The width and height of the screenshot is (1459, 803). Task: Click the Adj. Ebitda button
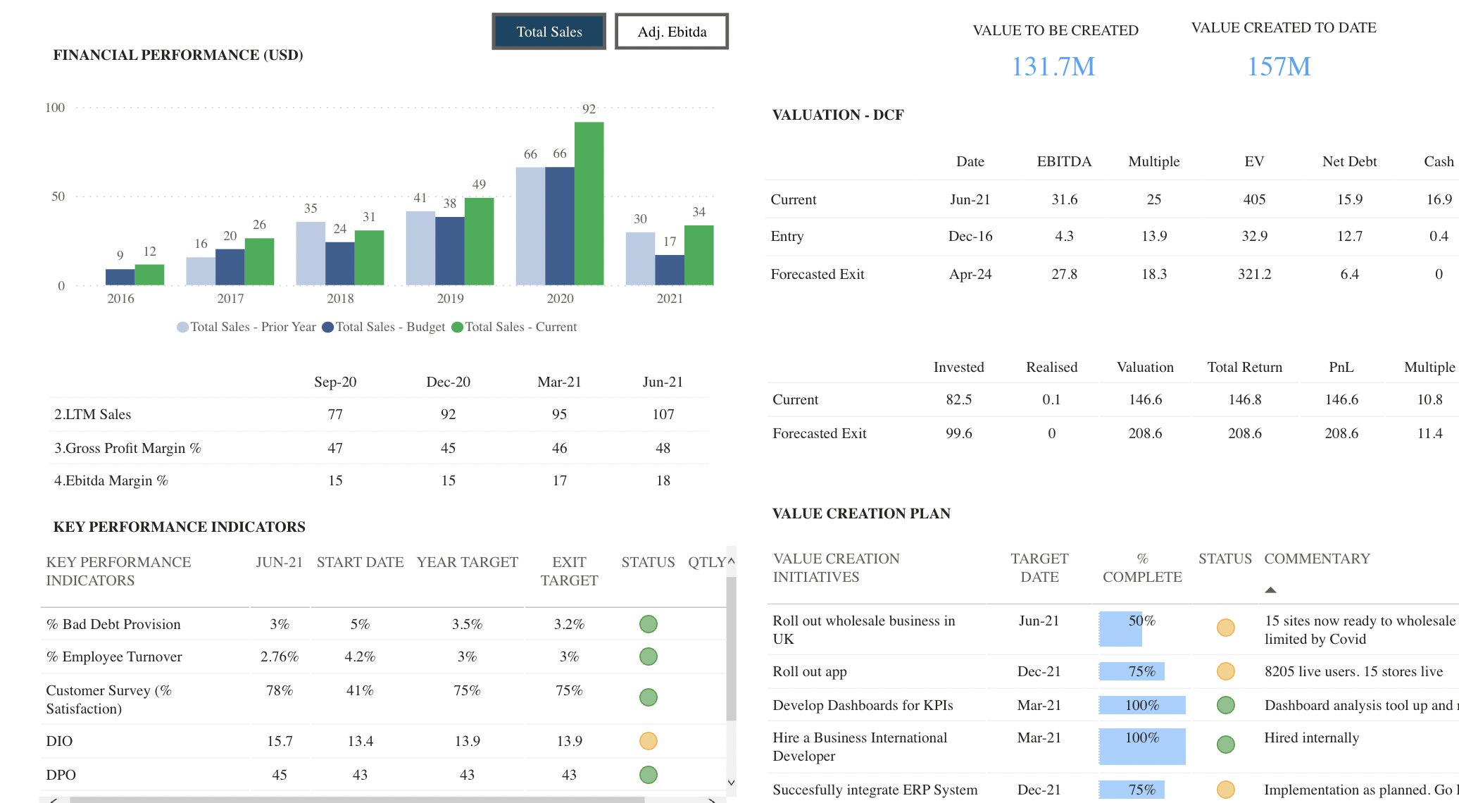click(671, 32)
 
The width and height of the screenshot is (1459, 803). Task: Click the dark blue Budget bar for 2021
click(669, 270)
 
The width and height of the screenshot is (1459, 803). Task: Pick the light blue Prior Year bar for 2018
click(310, 254)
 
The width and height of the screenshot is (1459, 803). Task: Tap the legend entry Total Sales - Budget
click(384, 327)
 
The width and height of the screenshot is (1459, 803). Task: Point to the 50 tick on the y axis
click(58, 197)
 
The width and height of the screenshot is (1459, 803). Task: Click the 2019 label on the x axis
click(450, 299)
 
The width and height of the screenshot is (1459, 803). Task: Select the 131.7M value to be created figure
click(1053, 67)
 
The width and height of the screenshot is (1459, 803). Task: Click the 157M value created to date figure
click(1278, 67)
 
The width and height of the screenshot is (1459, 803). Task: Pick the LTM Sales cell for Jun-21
click(663, 414)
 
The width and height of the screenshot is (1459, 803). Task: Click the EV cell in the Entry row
click(1254, 236)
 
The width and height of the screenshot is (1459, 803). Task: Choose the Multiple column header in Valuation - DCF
click(1153, 161)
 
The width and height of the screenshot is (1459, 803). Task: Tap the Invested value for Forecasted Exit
click(958, 433)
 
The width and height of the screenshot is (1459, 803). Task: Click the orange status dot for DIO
click(648, 741)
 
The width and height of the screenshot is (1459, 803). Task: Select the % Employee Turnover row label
click(114, 656)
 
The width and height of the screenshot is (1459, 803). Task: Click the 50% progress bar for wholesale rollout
click(1120, 628)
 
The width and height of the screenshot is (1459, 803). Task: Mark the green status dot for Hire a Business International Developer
click(1225, 745)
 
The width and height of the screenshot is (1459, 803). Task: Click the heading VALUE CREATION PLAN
click(861, 513)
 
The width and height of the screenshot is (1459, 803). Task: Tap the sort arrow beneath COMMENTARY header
click(1270, 590)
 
